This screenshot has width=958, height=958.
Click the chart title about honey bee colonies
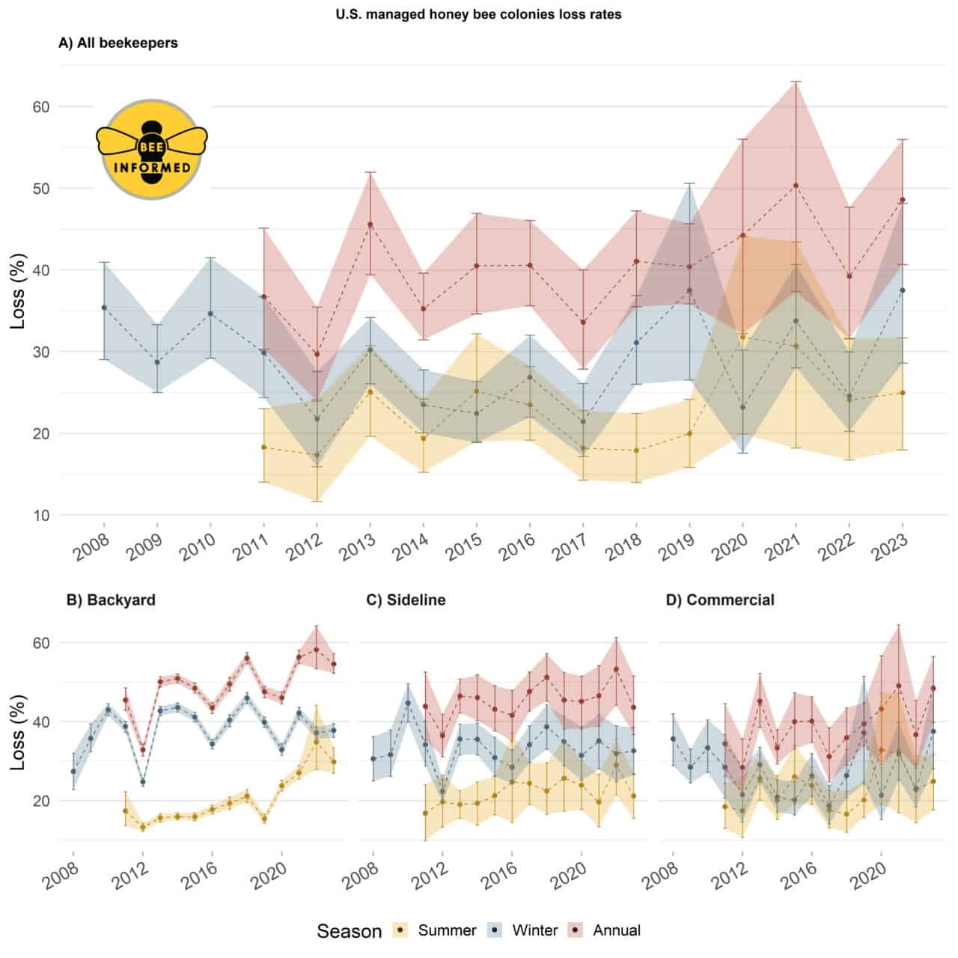(x=478, y=14)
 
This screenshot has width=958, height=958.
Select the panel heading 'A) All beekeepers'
(x=118, y=43)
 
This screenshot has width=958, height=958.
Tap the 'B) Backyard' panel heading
(x=111, y=599)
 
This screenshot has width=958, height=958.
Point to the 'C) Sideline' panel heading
(x=406, y=599)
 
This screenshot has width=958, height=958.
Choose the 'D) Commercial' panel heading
(x=719, y=599)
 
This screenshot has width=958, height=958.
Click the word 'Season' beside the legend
(x=349, y=931)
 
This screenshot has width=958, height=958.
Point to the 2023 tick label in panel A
(x=891, y=552)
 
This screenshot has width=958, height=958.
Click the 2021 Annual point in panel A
(x=796, y=186)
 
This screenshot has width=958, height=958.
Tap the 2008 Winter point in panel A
(x=104, y=308)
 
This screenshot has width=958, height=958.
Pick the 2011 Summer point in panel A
(x=263, y=447)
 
